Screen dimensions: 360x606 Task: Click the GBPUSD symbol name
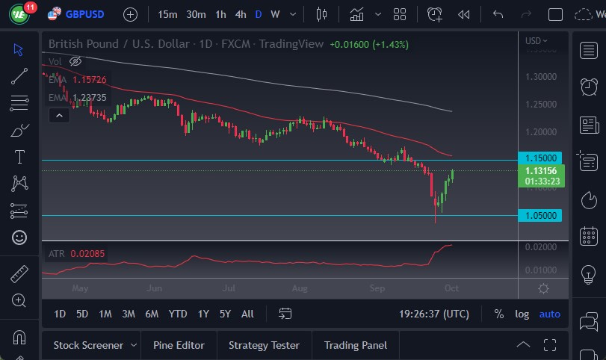(x=84, y=14)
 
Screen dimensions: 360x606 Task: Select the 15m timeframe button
(x=167, y=14)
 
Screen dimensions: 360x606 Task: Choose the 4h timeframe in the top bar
(x=240, y=14)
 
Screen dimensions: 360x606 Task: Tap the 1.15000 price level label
(x=541, y=158)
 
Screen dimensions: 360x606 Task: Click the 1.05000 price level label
(x=541, y=215)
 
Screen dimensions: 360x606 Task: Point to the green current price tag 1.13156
(x=541, y=170)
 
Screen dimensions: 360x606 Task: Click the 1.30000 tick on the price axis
(x=541, y=76)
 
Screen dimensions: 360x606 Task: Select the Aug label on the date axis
(x=300, y=288)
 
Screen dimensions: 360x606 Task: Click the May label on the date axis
(x=80, y=288)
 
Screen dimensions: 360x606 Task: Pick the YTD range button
(x=178, y=314)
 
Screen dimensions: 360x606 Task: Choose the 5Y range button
(x=225, y=314)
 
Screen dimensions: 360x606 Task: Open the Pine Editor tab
(x=179, y=345)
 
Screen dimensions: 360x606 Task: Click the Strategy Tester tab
(x=264, y=345)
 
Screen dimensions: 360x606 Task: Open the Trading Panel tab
(x=356, y=345)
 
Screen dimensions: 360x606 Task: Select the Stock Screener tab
(x=88, y=345)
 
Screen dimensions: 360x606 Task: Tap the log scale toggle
(x=522, y=314)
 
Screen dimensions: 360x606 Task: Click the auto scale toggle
(x=550, y=314)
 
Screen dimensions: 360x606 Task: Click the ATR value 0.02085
(x=88, y=254)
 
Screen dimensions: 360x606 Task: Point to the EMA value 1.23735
(x=90, y=97)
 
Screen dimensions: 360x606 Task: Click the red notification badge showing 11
(x=30, y=7)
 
